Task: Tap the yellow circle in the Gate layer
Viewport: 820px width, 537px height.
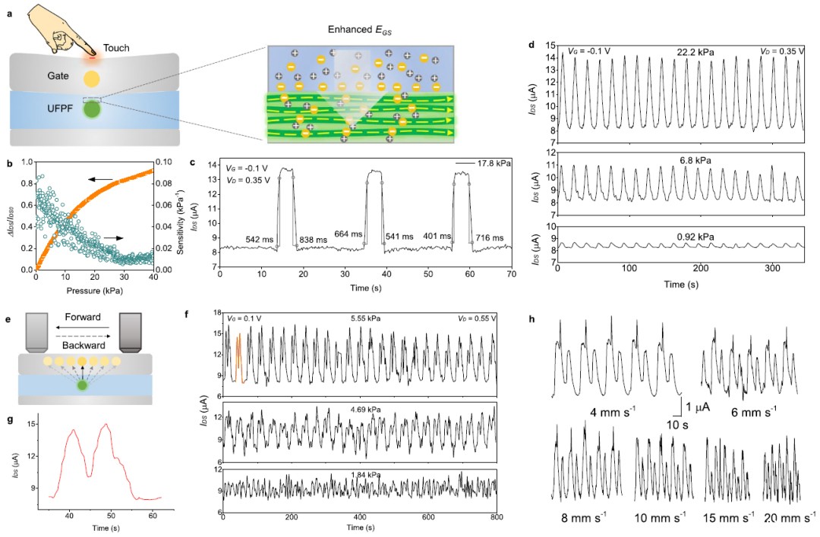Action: click(91, 78)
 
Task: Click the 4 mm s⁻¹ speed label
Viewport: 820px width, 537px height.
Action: click(613, 413)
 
